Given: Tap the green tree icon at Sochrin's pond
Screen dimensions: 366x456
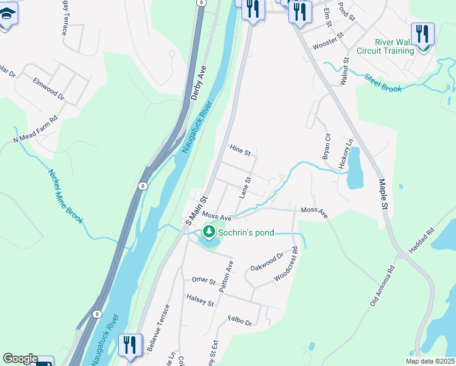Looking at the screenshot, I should pyautogui.click(x=209, y=232).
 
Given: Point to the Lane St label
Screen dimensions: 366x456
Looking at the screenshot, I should pyautogui.click(x=244, y=188).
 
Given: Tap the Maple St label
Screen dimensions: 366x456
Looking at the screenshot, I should pyautogui.click(x=383, y=194).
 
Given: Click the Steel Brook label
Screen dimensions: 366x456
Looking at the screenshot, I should pyautogui.click(x=383, y=83).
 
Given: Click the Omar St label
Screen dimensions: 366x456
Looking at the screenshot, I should pyautogui.click(x=204, y=281).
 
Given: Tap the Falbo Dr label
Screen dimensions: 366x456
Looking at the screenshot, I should pyautogui.click(x=240, y=320).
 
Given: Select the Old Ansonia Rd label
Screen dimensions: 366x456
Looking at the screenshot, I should pyautogui.click(x=382, y=285).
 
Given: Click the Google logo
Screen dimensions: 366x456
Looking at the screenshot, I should pyautogui.click(x=20, y=359).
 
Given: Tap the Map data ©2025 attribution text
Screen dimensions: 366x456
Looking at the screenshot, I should pyautogui.click(x=430, y=361).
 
